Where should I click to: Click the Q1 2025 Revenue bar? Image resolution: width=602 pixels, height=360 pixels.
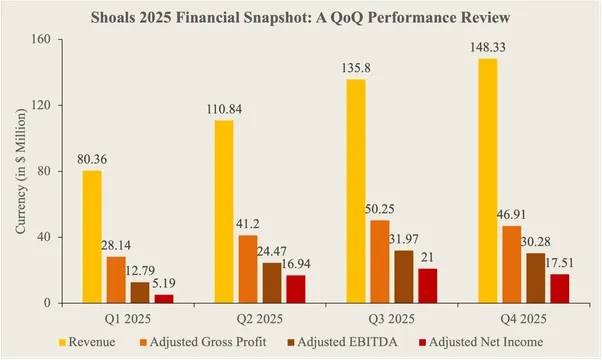tap(92, 237)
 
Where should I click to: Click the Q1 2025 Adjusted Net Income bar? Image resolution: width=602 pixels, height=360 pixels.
tap(165, 298)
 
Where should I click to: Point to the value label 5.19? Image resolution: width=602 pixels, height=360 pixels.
tap(165, 284)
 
